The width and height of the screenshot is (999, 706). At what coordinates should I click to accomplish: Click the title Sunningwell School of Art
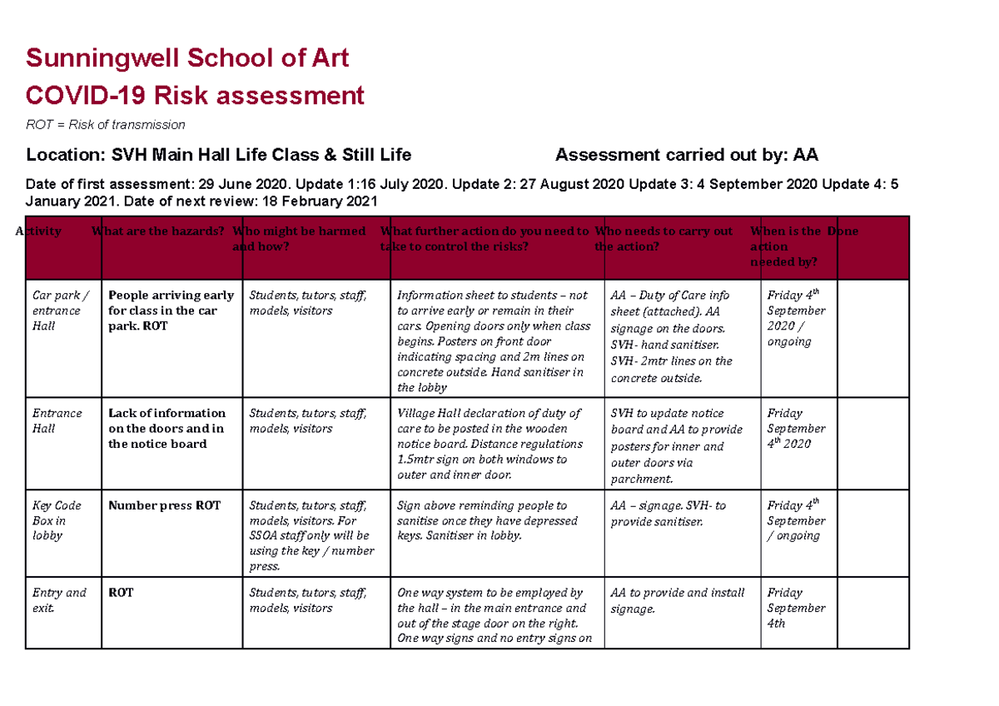click(187, 58)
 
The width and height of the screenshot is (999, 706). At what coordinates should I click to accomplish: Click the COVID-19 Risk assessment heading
click(195, 96)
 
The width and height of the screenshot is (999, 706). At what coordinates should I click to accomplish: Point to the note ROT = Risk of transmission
click(105, 125)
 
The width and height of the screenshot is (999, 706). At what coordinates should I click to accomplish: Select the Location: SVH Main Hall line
click(218, 155)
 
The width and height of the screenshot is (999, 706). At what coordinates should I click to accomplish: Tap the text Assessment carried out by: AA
click(687, 155)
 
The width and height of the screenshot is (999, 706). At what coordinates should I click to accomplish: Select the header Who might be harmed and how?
click(300, 239)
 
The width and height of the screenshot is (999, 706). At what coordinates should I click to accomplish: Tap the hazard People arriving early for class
click(171, 311)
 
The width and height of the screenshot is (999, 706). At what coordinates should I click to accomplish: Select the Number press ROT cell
click(165, 505)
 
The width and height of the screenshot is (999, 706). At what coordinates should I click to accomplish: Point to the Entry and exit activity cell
click(59, 600)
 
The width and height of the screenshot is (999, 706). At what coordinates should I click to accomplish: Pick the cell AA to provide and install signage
click(678, 600)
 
